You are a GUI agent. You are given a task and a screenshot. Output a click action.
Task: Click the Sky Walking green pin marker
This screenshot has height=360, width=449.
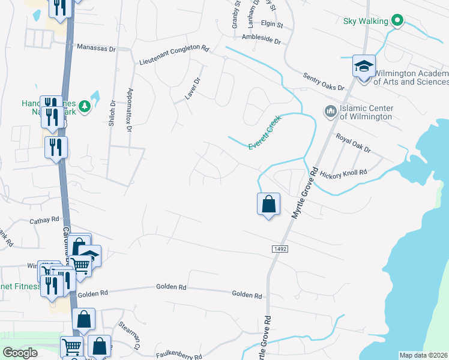tap(396, 21)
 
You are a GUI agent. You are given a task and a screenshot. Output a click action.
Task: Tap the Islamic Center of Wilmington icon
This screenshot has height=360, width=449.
tap(330, 112)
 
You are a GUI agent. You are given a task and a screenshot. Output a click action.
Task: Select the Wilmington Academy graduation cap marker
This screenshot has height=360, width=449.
tap(364, 67)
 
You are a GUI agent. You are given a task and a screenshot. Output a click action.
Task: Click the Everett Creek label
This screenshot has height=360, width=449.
tap(265, 133)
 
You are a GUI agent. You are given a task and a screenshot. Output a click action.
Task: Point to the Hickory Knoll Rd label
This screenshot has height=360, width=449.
tap(343, 172)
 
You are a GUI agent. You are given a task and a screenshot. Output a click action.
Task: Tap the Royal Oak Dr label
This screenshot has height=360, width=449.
tap(353, 143)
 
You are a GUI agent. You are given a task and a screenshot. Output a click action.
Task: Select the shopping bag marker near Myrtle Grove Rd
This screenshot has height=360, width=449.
tap(268, 204)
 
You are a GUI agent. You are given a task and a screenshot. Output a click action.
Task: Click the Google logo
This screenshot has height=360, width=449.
tap(20, 353)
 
